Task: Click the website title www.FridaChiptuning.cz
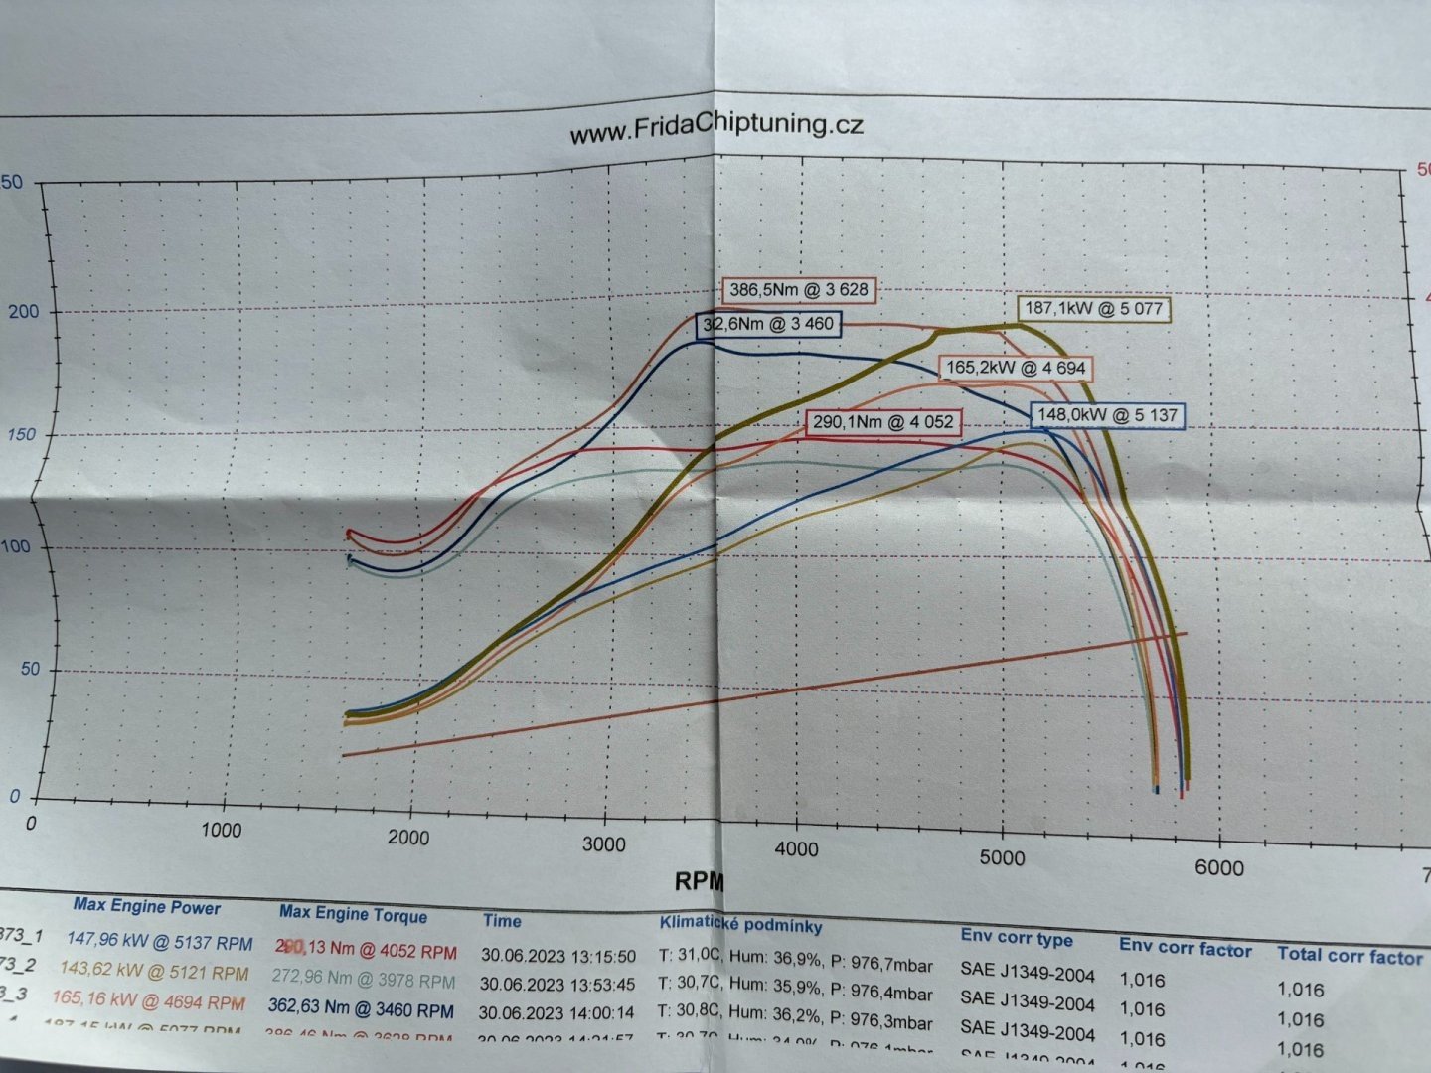715,128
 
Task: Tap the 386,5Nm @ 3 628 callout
799,291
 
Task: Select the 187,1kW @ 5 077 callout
1093,309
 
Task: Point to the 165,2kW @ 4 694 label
1017,368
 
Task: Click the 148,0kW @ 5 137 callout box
1111,415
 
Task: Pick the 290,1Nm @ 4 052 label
882,422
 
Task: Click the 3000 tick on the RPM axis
604,843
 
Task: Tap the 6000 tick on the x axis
1218,866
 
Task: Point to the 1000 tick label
221,831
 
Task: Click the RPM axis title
700,881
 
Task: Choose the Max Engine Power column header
147,906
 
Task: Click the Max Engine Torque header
353,914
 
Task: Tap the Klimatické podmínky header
740,924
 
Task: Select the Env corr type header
1017,938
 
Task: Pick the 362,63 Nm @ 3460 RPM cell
361,1009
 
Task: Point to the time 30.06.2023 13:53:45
558,984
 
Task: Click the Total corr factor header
1350,956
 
